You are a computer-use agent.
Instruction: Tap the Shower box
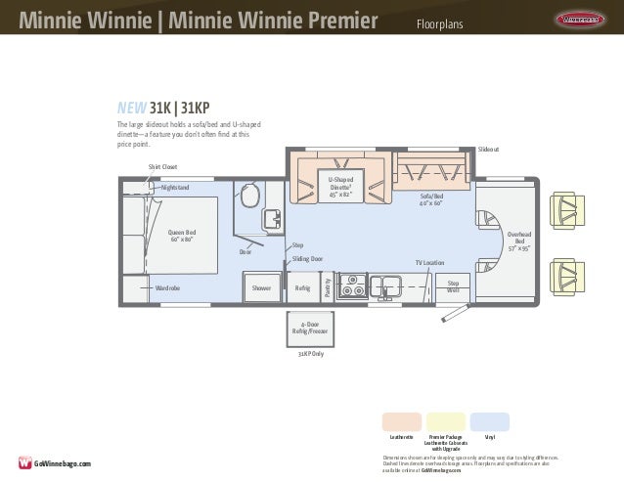(x=261, y=288)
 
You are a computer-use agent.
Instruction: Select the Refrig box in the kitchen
(x=302, y=288)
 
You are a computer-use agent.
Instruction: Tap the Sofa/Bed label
(x=431, y=199)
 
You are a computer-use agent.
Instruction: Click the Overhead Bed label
(x=519, y=241)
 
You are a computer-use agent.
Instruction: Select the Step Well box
(x=453, y=285)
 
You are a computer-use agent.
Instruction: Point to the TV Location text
(x=429, y=263)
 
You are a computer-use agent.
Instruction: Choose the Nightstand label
(x=175, y=187)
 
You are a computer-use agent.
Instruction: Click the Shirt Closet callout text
(x=162, y=167)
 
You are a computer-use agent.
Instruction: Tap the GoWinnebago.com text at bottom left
(x=63, y=462)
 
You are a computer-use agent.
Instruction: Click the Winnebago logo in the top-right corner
(x=583, y=19)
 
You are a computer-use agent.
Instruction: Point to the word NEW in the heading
(x=132, y=108)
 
